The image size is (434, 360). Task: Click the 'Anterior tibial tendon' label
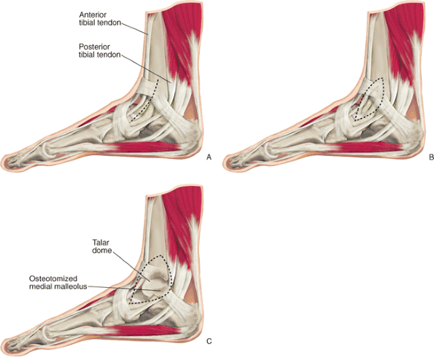pos(100,18)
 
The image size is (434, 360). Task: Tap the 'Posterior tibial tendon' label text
pos(100,50)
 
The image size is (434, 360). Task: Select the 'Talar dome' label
pos(102,246)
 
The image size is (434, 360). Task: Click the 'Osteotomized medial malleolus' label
pos(58,283)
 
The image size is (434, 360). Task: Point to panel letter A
pos(209,157)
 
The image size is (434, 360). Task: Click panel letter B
pos(431,157)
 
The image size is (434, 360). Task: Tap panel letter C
pos(209,341)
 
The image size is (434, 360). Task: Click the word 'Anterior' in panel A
pos(93,15)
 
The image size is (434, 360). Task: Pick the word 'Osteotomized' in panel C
pos(53,278)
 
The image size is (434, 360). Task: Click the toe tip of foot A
pos(4,162)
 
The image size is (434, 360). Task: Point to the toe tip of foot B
pos(226,162)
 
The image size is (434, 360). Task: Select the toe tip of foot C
pos(4,345)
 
